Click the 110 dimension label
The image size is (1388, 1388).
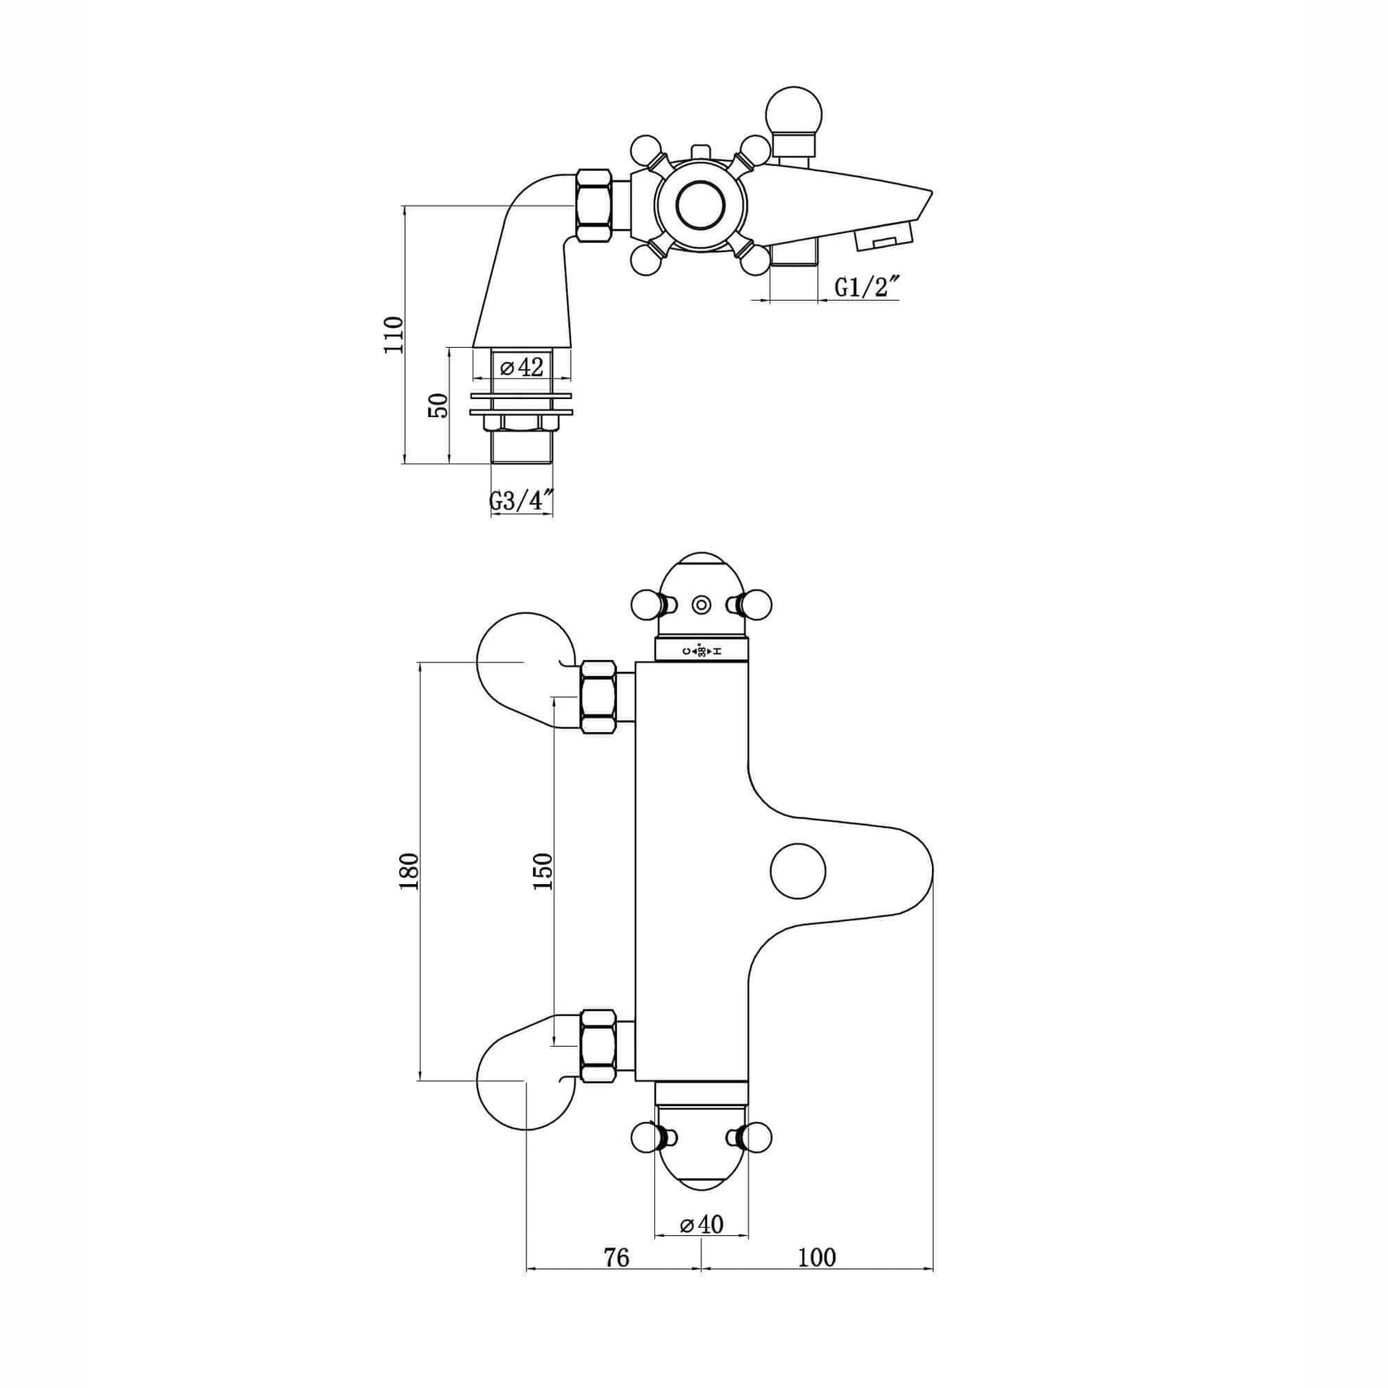(x=395, y=335)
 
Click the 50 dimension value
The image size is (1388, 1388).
(x=439, y=405)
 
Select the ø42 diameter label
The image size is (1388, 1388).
(x=521, y=367)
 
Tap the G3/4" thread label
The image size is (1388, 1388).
(x=521, y=501)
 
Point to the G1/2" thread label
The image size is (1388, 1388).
(x=866, y=288)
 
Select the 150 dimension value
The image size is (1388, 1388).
(x=543, y=872)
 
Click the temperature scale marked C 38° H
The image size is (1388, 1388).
(x=701, y=651)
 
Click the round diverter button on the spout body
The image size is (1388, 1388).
(x=798, y=872)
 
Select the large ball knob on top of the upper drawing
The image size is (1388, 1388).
(x=794, y=113)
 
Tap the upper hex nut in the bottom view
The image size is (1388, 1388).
(x=598, y=697)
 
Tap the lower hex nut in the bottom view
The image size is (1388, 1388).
(x=598, y=1046)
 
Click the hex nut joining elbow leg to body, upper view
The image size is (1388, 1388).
(x=594, y=206)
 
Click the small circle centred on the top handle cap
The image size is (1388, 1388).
(x=701, y=605)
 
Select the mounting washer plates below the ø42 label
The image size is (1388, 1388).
(x=521, y=405)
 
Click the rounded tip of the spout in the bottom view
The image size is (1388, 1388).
(x=924, y=872)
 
